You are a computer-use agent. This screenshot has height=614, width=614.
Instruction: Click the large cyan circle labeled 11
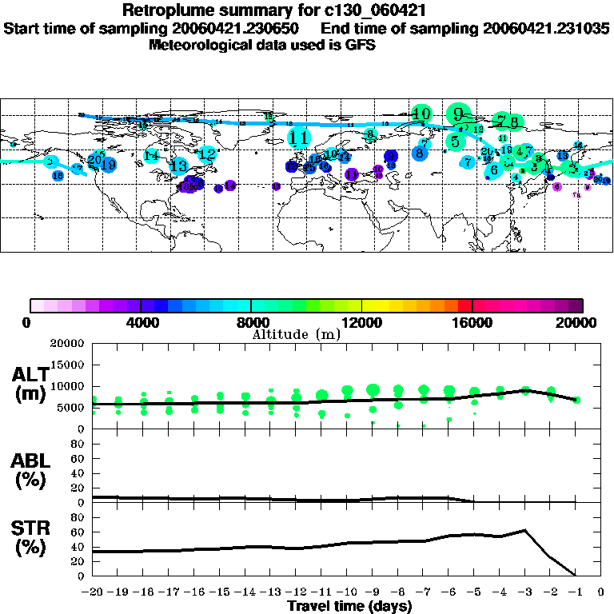click(299, 138)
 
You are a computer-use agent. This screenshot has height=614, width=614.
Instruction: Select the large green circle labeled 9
click(458, 114)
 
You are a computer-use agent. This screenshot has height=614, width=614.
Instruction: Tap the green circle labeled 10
click(421, 114)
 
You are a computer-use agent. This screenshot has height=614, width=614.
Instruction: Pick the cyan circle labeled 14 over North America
click(152, 156)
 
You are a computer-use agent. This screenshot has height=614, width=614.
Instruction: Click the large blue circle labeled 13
click(179, 166)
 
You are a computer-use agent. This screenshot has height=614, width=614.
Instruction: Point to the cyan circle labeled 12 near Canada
click(207, 153)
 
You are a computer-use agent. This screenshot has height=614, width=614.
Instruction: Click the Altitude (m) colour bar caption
click(296, 334)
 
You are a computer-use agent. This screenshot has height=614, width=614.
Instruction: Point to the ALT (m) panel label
click(30, 384)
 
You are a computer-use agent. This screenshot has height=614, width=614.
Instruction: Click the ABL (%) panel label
click(30, 469)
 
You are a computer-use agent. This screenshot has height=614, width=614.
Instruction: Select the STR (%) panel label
click(30, 537)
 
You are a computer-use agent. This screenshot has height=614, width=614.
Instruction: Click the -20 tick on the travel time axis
click(92, 592)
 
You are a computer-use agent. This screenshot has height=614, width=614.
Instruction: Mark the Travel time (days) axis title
click(349, 606)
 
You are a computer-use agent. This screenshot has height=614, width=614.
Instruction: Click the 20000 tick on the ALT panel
click(67, 344)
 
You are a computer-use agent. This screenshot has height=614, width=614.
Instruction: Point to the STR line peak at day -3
click(524, 530)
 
